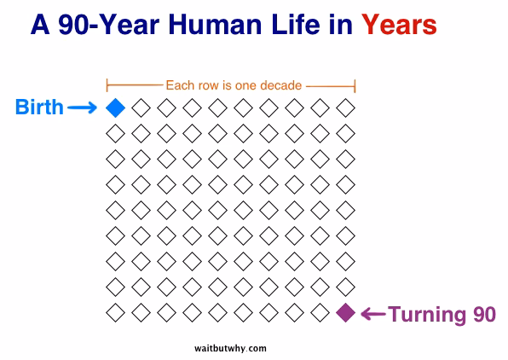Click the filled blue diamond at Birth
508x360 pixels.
pos(115,107)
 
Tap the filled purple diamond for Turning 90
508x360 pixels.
pos(346,312)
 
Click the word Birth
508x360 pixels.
pos(39,107)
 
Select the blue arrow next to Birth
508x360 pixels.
pos(82,107)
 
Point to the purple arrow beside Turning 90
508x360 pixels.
pos(373,314)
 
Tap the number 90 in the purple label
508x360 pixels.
pos(484,314)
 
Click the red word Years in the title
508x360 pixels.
pos(399,25)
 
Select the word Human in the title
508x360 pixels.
pos(215,25)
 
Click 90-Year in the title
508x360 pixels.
pos(109,25)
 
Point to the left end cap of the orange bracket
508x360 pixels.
pos(107,85)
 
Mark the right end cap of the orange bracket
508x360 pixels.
pos(355,86)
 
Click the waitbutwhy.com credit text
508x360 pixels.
pos(230,349)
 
